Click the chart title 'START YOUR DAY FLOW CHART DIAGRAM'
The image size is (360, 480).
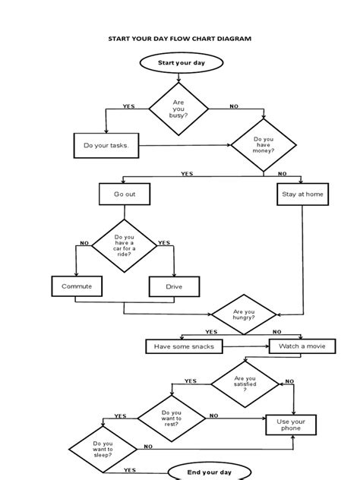pos(180,38)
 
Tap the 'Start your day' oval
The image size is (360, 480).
pos(179,63)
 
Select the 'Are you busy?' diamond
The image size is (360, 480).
pos(179,110)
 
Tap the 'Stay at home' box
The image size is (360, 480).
pos(302,194)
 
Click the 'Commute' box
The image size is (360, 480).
pos(76,286)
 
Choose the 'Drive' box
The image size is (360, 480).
pos(174,286)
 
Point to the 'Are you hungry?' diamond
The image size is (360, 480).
pos(244,312)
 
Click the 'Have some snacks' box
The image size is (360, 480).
pos(184,346)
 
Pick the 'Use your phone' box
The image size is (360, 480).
pos(289,425)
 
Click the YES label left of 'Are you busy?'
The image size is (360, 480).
pos(128,106)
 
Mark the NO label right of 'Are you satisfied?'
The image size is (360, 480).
pos(289,381)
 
